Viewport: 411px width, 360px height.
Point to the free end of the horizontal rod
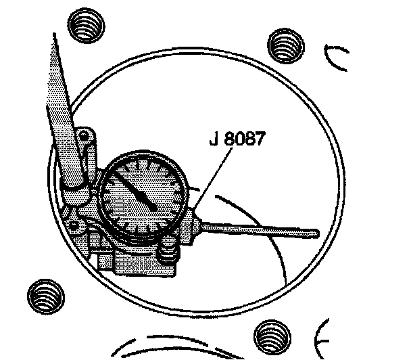click(314, 233)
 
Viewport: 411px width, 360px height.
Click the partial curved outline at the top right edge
click(335, 60)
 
